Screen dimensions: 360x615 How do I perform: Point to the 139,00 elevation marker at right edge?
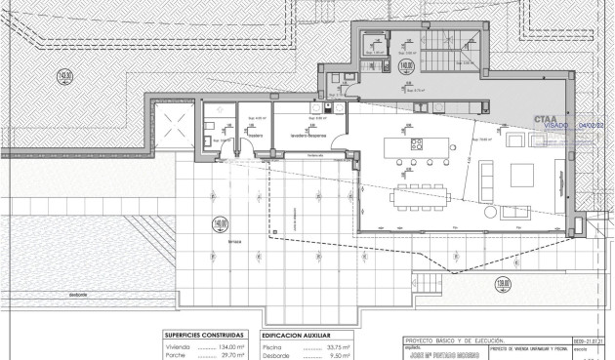[585, 284]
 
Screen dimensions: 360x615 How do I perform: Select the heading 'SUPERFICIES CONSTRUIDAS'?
[202, 334]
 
